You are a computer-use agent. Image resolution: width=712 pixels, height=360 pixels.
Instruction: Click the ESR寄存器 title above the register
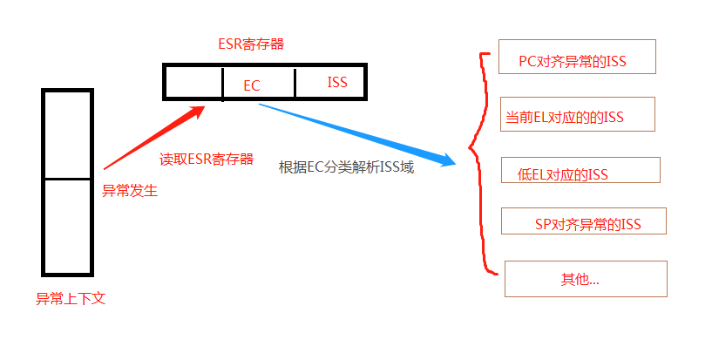click(x=251, y=43)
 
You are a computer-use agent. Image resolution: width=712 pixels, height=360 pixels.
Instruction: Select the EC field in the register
click(x=253, y=85)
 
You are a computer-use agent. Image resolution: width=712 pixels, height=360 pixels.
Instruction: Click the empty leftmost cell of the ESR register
click(x=193, y=83)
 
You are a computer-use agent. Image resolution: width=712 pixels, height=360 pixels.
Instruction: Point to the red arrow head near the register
click(x=200, y=112)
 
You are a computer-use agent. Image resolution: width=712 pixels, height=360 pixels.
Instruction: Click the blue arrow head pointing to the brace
click(x=449, y=160)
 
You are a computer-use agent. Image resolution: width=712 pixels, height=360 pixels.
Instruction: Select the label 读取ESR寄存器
click(x=207, y=160)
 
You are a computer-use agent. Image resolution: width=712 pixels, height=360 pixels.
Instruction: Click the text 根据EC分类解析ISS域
click(x=346, y=167)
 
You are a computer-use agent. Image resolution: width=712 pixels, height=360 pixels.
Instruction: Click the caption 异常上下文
click(x=71, y=298)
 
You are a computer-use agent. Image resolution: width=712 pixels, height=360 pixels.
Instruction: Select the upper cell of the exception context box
click(x=67, y=134)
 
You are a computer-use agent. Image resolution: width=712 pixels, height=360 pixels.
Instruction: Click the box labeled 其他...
click(x=586, y=279)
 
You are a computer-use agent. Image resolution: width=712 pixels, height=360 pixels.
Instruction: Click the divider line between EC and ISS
click(x=295, y=83)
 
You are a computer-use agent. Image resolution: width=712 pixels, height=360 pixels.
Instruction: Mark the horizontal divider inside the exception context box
click(x=67, y=179)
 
